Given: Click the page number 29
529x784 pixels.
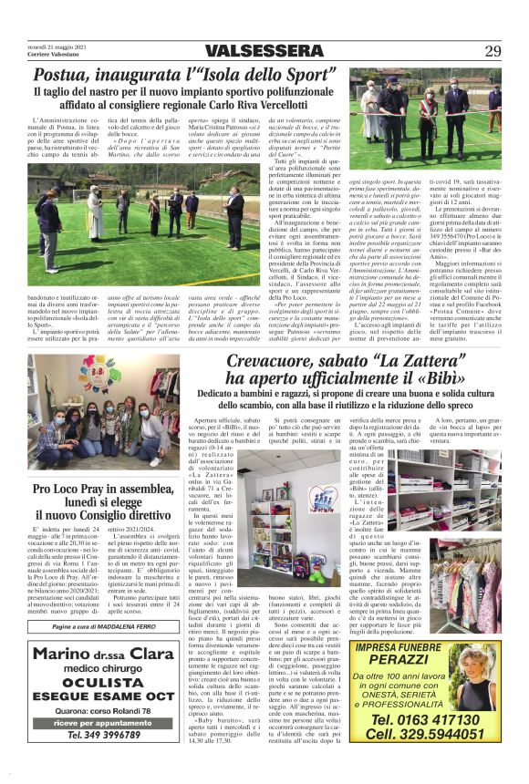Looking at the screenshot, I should pyautogui.click(x=493, y=50).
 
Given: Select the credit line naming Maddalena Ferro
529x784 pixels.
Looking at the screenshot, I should pyautogui.click(x=102, y=626).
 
